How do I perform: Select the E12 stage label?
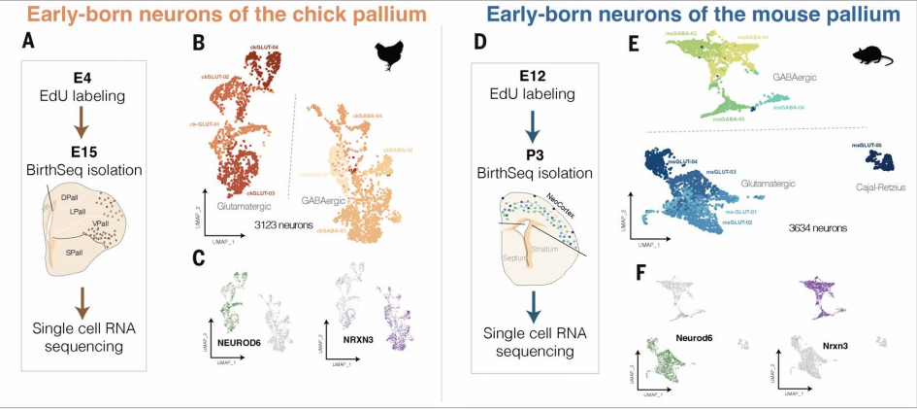pos(523,75)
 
